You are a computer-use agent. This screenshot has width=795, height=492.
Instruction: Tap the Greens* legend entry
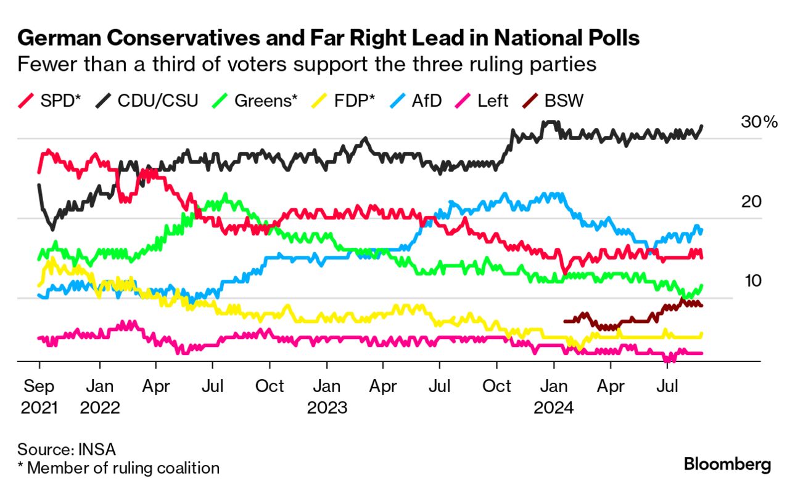pyautogui.click(x=257, y=101)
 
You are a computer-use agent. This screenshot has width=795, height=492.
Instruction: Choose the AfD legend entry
pyautogui.click(x=418, y=101)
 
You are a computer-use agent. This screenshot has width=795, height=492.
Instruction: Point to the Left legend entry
pyautogui.click(x=482, y=101)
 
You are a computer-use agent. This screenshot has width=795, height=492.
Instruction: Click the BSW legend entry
pyautogui.click(x=552, y=101)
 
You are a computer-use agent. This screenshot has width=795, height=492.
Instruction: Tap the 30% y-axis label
pyautogui.click(x=759, y=122)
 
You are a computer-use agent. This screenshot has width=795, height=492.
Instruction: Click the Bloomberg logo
pyautogui.click(x=728, y=464)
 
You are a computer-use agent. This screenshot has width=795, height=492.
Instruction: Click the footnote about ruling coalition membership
pyautogui.click(x=118, y=468)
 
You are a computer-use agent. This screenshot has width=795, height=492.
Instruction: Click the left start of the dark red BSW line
pyautogui.click(x=566, y=321)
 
